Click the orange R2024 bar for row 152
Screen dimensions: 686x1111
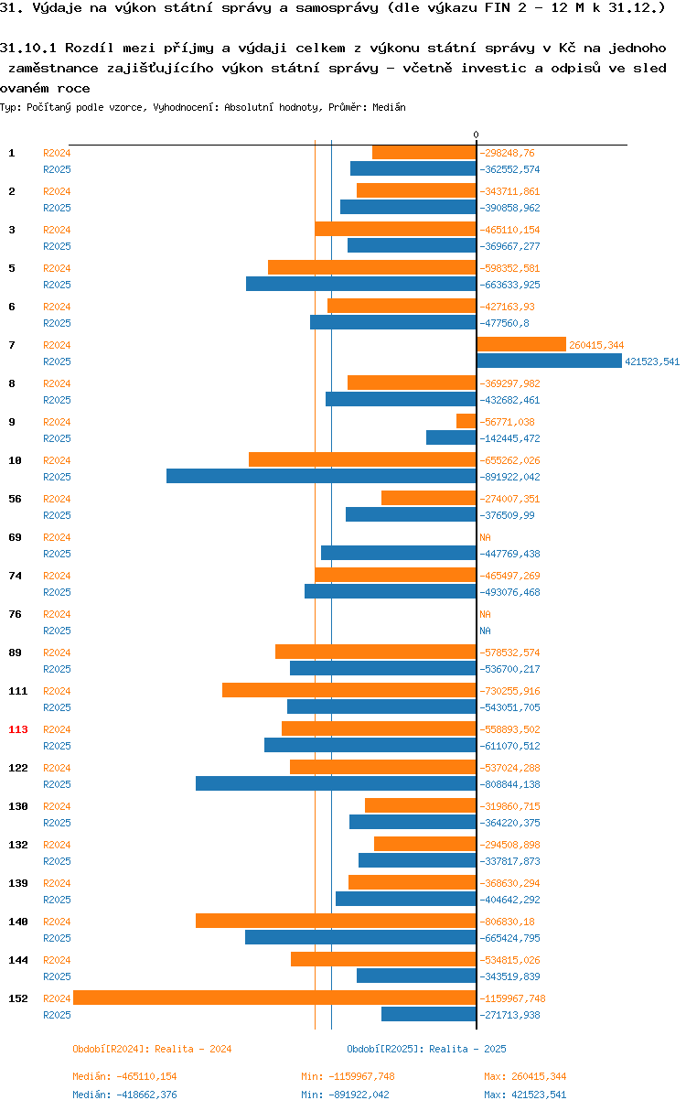pos(274,998)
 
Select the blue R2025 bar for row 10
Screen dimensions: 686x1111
pos(321,476)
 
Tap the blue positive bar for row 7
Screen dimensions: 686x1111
pos(549,361)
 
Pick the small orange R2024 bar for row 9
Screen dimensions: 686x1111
pos(466,421)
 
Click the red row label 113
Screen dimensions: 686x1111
pos(18,729)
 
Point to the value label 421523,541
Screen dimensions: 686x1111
pos(652,361)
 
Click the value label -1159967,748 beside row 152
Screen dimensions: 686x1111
pos(512,998)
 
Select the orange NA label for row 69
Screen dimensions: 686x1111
pos(485,537)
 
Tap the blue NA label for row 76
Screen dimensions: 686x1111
pos(485,631)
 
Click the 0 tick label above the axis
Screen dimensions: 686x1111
pos(476,135)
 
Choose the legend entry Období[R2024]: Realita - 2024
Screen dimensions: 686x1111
pos(152,1049)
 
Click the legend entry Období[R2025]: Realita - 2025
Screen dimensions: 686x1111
pos(426,1049)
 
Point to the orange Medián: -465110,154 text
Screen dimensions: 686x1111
pos(124,1076)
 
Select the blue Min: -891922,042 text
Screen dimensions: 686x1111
pos(345,1095)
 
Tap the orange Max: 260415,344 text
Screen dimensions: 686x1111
pos(525,1076)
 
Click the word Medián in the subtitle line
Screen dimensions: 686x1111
pos(389,107)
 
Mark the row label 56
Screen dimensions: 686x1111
pos(15,499)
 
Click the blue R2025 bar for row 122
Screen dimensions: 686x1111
pos(336,783)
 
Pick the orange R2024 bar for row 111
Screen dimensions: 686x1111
pos(349,690)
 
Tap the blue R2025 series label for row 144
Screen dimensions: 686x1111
pos(57,976)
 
